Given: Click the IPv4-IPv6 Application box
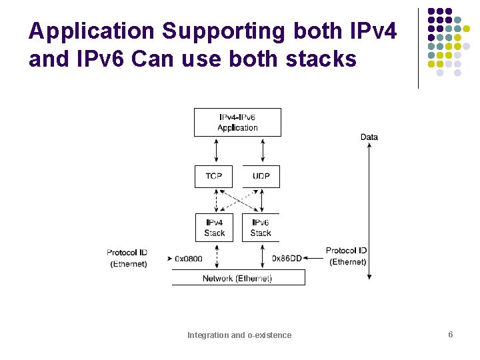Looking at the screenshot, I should (237, 123).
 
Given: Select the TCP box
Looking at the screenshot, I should (214, 176).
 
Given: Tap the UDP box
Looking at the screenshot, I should (261, 176).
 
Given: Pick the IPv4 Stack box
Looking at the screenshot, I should (214, 227).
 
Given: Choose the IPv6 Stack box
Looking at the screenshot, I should (261, 227).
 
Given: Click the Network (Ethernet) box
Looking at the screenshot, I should (238, 278).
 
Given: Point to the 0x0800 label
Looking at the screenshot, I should (189, 258).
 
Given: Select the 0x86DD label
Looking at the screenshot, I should (287, 258).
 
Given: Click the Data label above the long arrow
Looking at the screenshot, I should (369, 137).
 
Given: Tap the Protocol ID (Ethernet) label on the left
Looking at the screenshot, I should (127, 258).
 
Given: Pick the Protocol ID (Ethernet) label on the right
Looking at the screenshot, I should (347, 256).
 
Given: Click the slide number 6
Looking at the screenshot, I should (451, 335).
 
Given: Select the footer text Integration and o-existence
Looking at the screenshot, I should (239, 335).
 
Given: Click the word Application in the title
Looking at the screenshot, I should (91, 32).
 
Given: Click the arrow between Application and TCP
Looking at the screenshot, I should (216, 151).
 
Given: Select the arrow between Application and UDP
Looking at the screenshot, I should (262, 151).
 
